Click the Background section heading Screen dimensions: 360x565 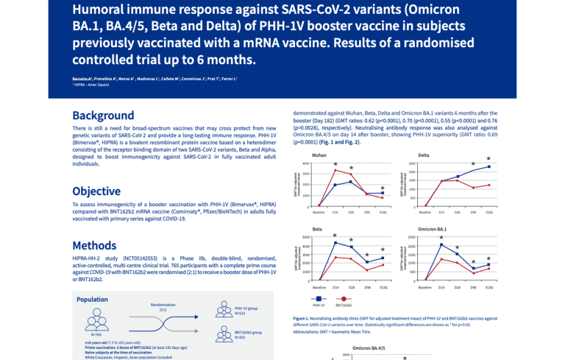103,116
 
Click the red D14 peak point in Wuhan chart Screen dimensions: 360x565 335,170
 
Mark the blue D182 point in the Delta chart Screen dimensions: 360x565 488,166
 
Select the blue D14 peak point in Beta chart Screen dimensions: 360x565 335,243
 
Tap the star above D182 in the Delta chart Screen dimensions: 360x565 488,158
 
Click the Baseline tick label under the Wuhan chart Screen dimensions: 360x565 319,212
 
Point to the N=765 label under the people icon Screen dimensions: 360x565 96,334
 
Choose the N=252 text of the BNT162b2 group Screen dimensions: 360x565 241,337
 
